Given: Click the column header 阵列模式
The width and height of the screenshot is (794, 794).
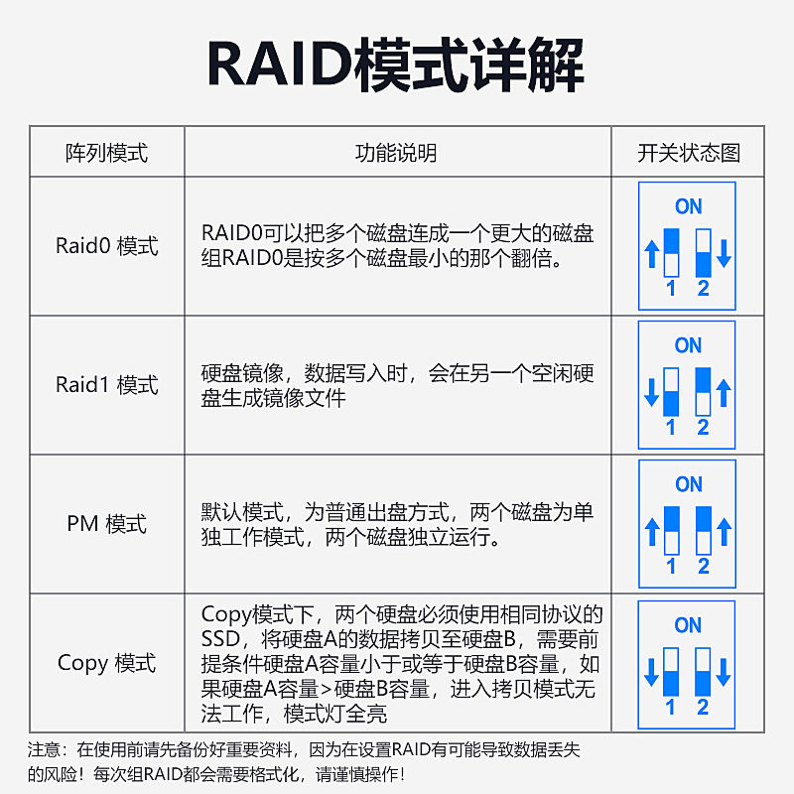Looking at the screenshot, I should [x=106, y=153].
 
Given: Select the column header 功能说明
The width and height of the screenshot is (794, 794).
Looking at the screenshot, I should [x=396, y=153].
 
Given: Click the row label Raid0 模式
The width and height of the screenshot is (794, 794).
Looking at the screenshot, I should [x=106, y=246].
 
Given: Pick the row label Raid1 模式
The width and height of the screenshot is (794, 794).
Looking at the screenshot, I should [x=106, y=385].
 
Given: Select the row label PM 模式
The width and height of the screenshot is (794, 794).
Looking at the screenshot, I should [x=106, y=524].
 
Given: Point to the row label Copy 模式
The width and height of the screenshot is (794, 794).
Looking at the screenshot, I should [x=106, y=663].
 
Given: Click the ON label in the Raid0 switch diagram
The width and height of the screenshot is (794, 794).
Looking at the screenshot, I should [x=688, y=206].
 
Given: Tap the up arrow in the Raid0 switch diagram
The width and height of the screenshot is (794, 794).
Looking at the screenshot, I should [x=652, y=253].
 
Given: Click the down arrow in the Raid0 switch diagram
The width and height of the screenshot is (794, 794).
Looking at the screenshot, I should [x=724, y=253].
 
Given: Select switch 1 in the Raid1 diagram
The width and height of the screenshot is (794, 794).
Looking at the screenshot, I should [x=671, y=392].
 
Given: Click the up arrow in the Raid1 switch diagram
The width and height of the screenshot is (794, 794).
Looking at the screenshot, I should [x=724, y=392].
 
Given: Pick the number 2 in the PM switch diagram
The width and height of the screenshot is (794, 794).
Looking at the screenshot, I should [x=704, y=567].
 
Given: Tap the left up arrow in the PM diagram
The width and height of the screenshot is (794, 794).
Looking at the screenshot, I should [x=652, y=531].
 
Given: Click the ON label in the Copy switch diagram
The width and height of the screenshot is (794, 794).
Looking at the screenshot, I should [x=688, y=625].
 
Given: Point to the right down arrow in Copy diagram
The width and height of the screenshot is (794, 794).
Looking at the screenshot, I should [x=724, y=672].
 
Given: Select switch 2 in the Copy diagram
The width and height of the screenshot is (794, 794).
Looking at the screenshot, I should [x=703, y=672].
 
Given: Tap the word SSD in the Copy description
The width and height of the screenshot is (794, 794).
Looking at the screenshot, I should [x=220, y=637].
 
